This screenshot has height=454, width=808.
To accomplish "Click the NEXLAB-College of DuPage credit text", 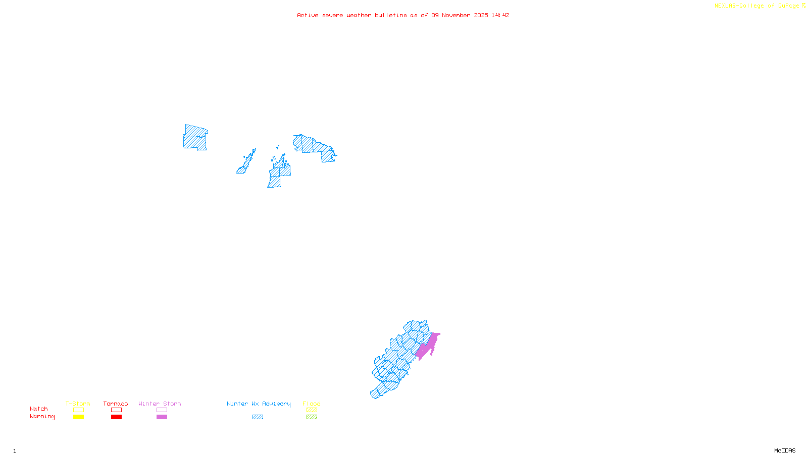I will [x=756, y=6].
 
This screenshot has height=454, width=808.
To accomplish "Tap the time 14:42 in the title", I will [x=500, y=16].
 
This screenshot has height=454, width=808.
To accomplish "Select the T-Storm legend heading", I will [x=78, y=404].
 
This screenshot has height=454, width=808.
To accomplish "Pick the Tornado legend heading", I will [x=116, y=404].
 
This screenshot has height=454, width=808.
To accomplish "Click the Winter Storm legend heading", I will [x=160, y=404].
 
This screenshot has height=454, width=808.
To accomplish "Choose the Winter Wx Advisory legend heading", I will [x=259, y=404].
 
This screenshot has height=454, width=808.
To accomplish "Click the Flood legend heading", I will [x=312, y=404].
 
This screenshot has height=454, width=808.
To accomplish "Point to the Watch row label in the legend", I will [x=39, y=409].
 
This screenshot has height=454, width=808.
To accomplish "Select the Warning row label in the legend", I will [x=42, y=417].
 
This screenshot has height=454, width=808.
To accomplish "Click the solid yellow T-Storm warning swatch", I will [x=78, y=417].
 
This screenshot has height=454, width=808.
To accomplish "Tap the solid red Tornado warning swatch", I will [x=116, y=417].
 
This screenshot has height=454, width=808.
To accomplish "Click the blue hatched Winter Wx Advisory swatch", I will [x=258, y=417].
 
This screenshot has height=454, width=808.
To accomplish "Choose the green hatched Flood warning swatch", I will [x=312, y=417].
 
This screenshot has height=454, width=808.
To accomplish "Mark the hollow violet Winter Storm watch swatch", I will [x=162, y=410].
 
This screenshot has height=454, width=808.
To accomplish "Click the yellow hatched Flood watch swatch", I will [x=312, y=410].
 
